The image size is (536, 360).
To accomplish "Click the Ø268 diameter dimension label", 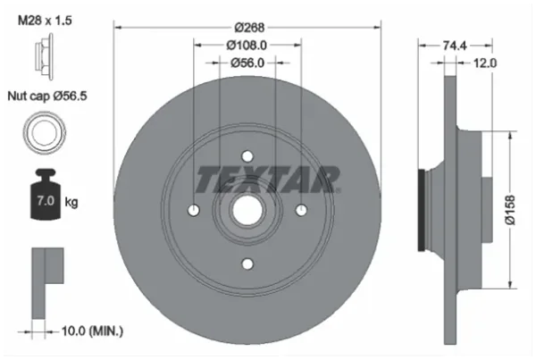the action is click(249, 28).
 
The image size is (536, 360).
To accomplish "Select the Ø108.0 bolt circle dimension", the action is click(247, 45).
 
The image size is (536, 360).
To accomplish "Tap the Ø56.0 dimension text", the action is click(247, 63).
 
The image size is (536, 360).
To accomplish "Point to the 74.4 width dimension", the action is click(455, 45).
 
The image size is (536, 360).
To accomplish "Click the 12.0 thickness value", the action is click(485, 63).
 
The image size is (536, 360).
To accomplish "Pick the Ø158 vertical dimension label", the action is click(510, 210).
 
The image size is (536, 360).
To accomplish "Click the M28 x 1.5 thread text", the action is click(45, 21).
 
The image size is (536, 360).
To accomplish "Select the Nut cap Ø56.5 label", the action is click(47, 96).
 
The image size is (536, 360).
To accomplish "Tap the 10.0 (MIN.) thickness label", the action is click(92, 331).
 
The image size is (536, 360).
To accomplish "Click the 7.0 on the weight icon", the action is click(46, 201).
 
